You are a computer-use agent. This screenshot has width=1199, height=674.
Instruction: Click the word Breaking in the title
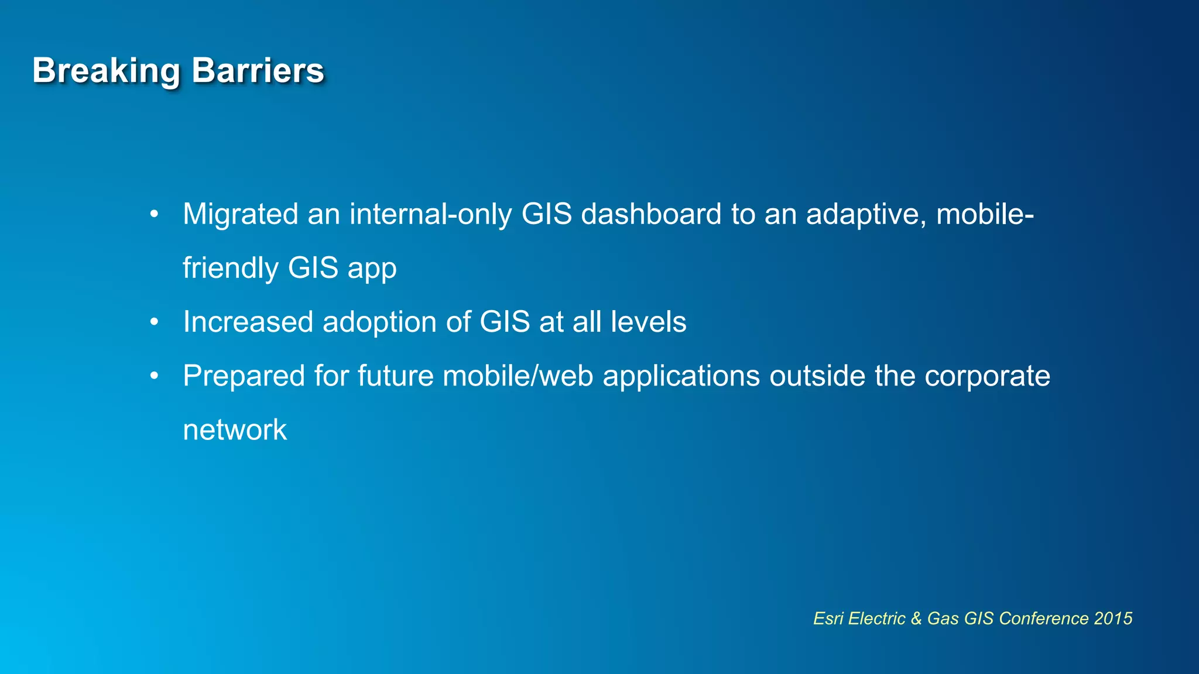point(106,71)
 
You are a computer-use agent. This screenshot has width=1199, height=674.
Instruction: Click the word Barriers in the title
point(258,71)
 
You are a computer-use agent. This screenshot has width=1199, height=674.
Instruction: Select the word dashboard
point(651,214)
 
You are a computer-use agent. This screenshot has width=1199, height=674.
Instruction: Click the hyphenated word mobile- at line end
point(985,214)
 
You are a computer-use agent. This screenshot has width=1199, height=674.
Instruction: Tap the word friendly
point(231,268)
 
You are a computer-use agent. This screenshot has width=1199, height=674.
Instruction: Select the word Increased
point(248,322)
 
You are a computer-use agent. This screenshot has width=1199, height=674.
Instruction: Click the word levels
point(648,322)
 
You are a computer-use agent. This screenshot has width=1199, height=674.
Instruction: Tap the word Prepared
point(244,376)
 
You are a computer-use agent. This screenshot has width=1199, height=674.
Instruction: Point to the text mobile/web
point(518,376)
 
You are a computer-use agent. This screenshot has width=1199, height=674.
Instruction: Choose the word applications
point(681,376)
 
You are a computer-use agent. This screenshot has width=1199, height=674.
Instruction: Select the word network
point(235,430)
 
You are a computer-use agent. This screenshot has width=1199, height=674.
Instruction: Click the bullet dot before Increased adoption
point(154,322)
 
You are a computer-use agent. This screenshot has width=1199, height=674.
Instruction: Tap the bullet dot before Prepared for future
point(154,376)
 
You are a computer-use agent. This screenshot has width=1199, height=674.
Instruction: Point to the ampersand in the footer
point(916,618)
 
